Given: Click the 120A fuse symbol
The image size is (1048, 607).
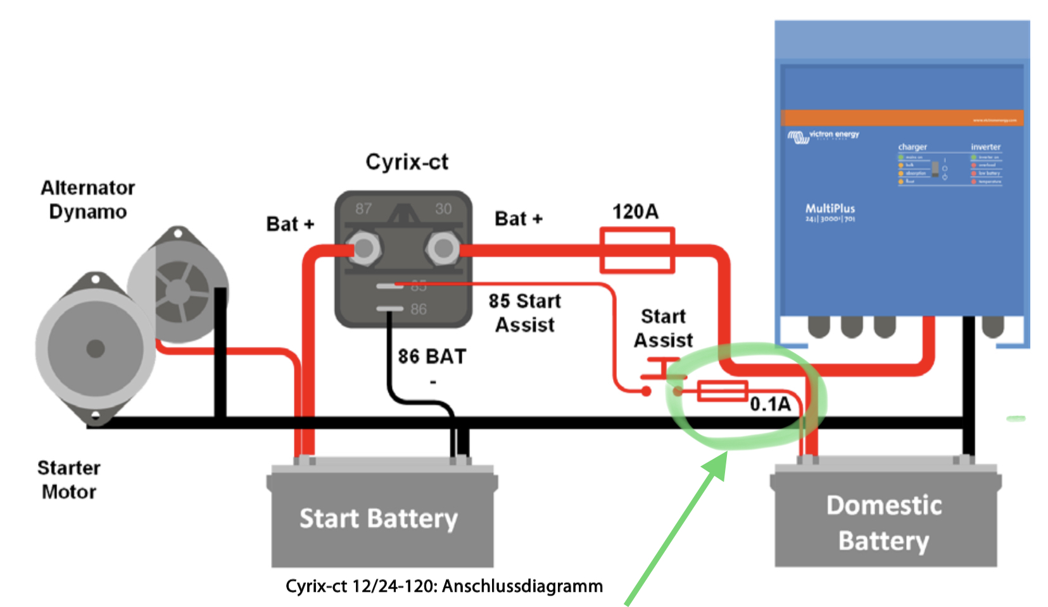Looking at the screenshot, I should pyautogui.click(x=636, y=251).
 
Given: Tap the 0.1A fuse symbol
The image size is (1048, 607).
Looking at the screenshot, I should pyautogui.click(x=722, y=391).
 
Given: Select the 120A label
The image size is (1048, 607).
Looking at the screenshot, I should pyautogui.click(x=635, y=211).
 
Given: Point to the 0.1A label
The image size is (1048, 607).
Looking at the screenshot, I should pyautogui.click(x=770, y=404).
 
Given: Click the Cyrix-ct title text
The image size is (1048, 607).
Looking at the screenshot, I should pyautogui.click(x=407, y=162).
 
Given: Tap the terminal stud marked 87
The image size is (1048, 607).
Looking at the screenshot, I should pyautogui.click(x=363, y=248).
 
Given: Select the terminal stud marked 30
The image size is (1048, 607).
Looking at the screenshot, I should pyautogui.click(x=443, y=248).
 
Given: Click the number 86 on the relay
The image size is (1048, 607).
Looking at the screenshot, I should pyautogui.click(x=418, y=310).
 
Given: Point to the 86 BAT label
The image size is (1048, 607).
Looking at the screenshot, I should pyautogui.click(x=432, y=357).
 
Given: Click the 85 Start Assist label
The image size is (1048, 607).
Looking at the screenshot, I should pyautogui.click(x=524, y=313).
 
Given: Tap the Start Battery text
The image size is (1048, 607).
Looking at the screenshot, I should pyautogui.click(x=378, y=518).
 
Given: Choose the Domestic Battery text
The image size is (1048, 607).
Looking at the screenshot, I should pyautogui.click(x=884, y=523).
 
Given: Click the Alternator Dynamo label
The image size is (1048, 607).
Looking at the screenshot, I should pyautogui.click(x=87, y=199).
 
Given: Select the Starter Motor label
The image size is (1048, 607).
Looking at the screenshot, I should pyautogui.click(x=68, y=480).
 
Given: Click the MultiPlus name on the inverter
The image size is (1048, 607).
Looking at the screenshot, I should pyautogui.click(x=830, y=208).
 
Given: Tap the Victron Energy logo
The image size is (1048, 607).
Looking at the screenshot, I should pyautogui.click(x=823, y=135).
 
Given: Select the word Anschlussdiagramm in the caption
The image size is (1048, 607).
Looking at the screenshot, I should pyautogui.click(x=522, y=586).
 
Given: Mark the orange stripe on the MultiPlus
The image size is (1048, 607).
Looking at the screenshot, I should pyautogui.click(x=902, y=118).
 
